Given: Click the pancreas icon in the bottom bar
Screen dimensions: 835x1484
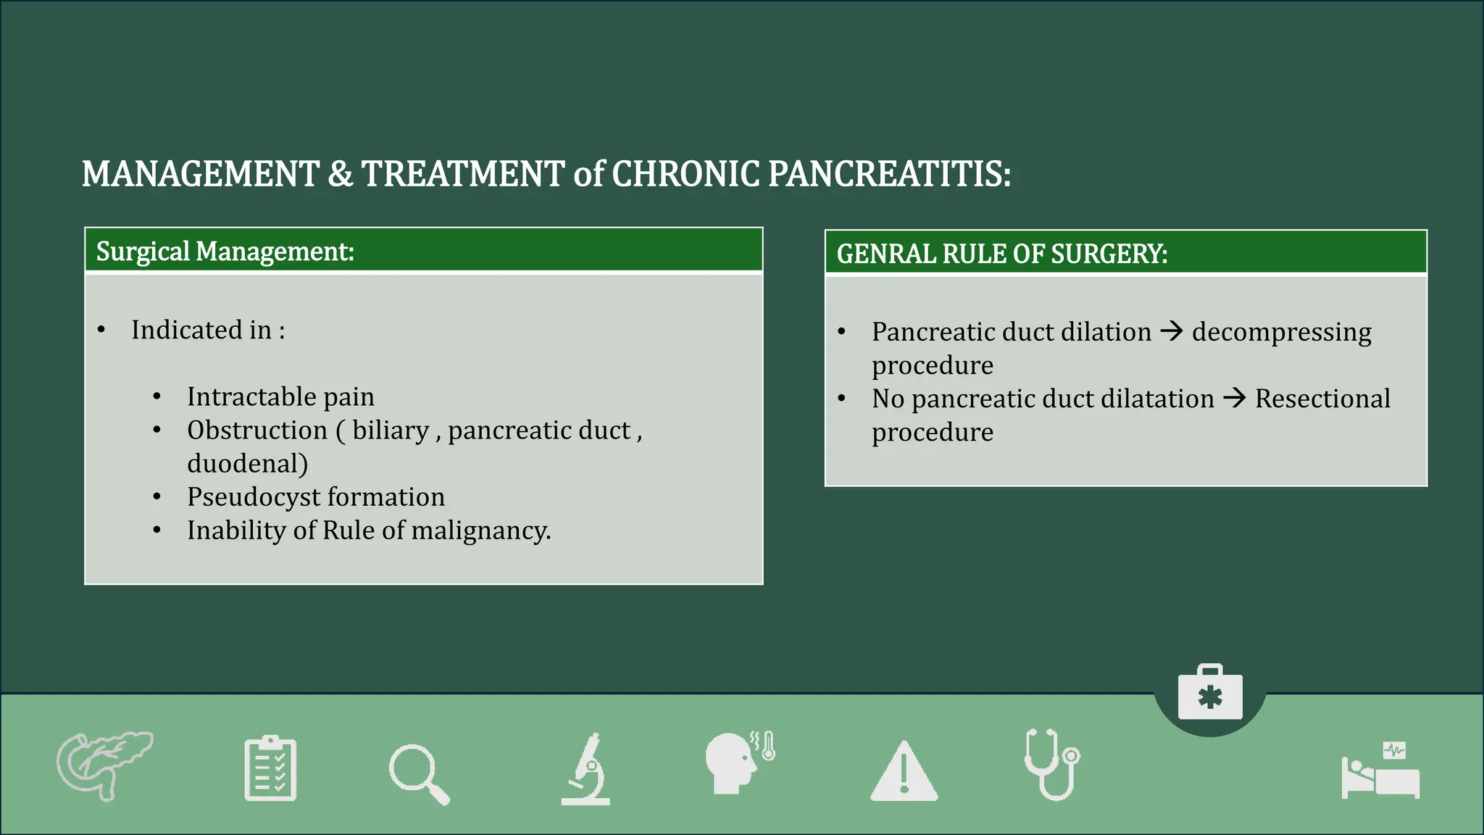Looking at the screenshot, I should (104, 765).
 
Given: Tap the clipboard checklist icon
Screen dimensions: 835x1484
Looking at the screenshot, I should (270, 769).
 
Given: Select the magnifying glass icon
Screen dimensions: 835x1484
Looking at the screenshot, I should (419, 774).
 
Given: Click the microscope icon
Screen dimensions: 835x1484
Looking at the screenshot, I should (586, 770).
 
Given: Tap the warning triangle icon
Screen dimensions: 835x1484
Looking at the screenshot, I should (904, 773).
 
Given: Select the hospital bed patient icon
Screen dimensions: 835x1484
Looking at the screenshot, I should (1380, 771).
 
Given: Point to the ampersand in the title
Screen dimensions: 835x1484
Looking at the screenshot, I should (340, 175).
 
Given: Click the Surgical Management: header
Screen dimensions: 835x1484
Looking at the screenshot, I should (225, 252).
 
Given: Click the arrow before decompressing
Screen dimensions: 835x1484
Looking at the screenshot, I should (1171, 332).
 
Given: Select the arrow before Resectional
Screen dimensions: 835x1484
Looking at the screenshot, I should (1234, 399).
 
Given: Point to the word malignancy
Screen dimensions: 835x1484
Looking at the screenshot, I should (480, 531).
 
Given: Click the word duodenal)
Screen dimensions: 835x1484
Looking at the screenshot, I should (247, 464).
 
